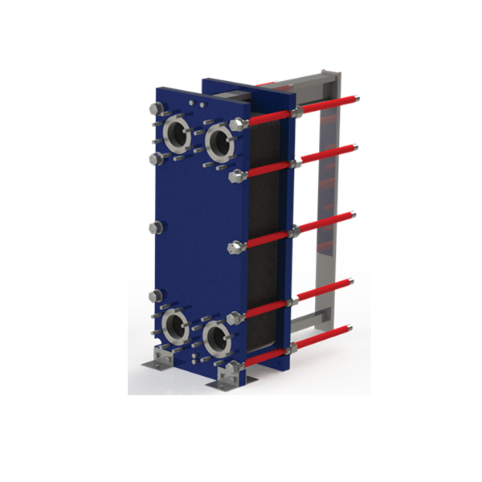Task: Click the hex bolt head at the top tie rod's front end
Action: (x=238, y=125)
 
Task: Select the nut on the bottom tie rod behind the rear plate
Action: (x=294, y=347)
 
